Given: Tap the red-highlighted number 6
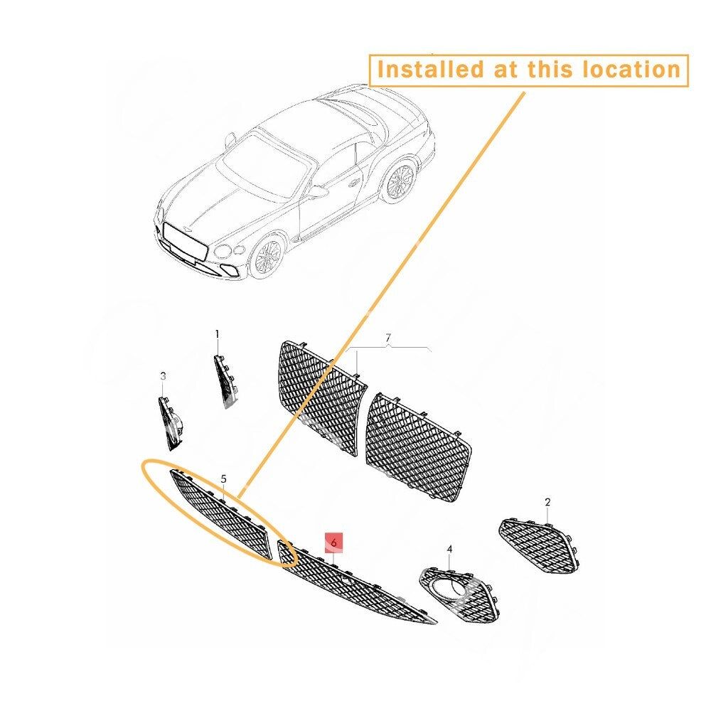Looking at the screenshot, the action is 333,542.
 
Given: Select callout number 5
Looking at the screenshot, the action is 223,479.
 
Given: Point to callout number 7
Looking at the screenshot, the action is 387,338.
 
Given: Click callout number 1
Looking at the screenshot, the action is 217,335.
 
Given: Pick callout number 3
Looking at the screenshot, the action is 163,376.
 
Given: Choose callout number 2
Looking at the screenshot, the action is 547,502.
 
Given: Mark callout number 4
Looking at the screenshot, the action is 449,549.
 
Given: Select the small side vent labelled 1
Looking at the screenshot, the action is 225,380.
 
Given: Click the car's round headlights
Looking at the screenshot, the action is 229,250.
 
